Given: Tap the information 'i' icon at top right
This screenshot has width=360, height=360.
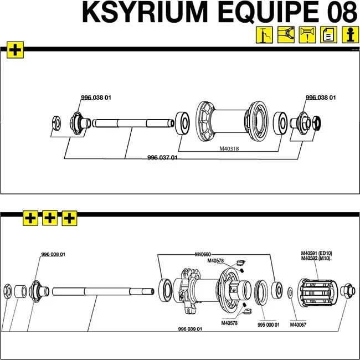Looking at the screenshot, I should [x=349, y=35].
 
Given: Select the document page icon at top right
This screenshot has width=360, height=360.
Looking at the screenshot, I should [x=328, y=35].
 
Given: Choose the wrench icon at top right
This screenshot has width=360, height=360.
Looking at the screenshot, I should [x=286, y=35].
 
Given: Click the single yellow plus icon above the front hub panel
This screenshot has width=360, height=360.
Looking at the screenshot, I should [x=14, y=50].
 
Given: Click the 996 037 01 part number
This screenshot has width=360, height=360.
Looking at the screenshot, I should [x=162, y=157].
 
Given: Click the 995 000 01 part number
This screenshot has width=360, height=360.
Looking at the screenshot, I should [x=269, y=325].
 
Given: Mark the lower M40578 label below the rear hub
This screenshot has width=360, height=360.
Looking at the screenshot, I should [x=230, y=323].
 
